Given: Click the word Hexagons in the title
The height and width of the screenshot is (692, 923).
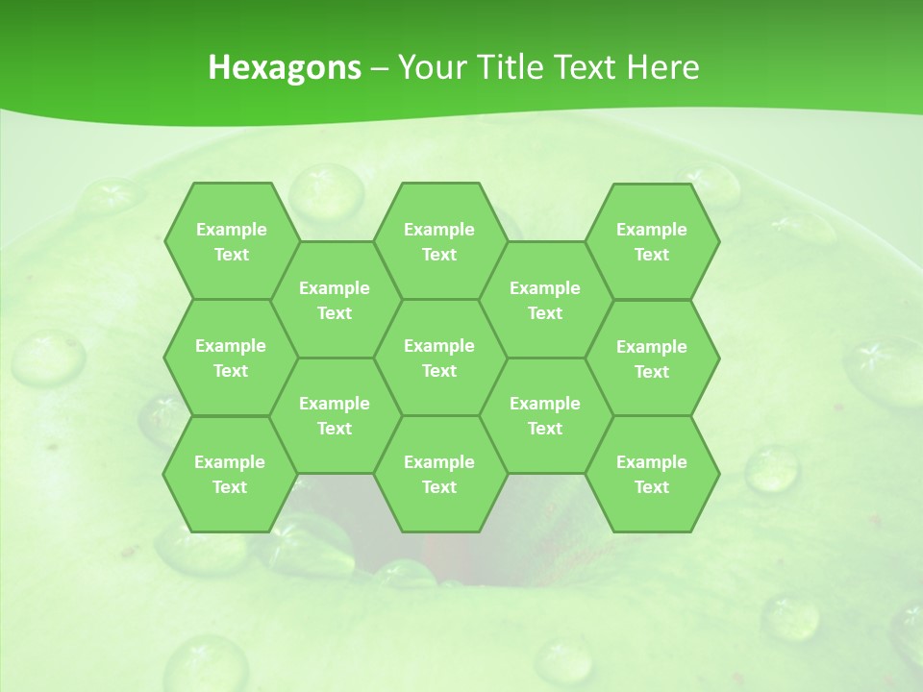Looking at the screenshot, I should point(285,67).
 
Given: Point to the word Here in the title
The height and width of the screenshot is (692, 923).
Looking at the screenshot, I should point(663,67).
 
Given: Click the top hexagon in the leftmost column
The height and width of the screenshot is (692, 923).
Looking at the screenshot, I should point(231,241).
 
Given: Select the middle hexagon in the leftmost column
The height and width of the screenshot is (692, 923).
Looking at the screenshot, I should point(231,358).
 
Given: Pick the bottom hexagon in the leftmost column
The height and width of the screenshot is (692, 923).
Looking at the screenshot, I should point(230,474).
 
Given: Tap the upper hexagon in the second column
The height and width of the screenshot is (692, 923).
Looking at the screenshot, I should point(335,300).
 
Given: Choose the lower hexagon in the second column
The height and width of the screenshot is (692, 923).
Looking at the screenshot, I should point(335,415).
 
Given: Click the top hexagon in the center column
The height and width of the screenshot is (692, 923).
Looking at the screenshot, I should point(439,241).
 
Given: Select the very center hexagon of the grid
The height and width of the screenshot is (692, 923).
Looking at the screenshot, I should point(439,358).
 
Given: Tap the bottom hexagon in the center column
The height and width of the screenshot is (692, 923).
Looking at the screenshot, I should point(439,474).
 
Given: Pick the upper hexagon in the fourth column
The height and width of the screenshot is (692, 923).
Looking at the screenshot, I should point(545,300).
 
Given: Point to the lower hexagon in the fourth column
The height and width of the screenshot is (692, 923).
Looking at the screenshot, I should point(545,415).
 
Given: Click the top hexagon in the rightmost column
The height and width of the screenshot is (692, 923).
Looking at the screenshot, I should point(652,241).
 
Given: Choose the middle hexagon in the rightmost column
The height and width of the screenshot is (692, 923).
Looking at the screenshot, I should point(652,358).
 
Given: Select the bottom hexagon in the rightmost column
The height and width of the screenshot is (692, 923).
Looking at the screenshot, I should point(652,474).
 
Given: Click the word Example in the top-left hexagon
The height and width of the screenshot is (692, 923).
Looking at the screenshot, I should point(231,230).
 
